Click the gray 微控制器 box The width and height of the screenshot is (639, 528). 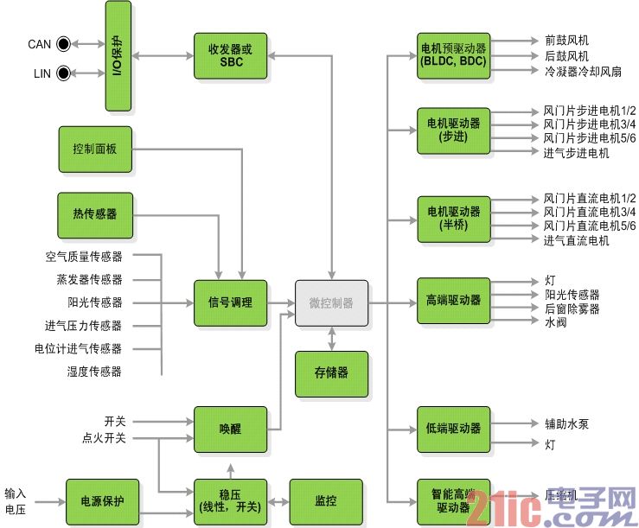tap(331, 303)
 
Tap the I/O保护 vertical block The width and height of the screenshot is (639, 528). tap(118, 56)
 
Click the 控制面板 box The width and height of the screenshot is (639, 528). tap(95, 149)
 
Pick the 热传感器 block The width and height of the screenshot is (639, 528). tap(95, 214)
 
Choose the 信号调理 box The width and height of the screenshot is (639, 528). tap(230, 303)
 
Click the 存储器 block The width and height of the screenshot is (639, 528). tap(331, 374)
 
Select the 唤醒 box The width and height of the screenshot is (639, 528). tap(230, 429)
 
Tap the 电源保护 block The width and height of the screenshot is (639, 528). tap(102, 501)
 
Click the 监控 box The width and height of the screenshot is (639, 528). tap(325, 501)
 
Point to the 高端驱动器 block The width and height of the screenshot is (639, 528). tap(453, 301)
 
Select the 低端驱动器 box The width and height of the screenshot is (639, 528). tap(453, 429)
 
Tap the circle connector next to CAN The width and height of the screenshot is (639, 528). tap(63, 43)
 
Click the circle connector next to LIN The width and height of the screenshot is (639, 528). tap(63, 73)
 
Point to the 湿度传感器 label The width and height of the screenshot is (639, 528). tap(94, 372)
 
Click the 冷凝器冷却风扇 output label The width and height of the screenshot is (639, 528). tap(583, 70)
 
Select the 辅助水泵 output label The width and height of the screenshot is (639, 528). tap(567, 424)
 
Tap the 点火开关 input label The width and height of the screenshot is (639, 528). tap(104, 438)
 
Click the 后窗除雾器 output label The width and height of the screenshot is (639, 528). tap(572, 309)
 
